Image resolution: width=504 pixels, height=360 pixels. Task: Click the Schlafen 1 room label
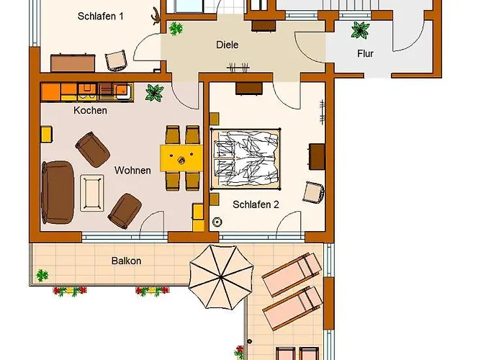coord(101,16)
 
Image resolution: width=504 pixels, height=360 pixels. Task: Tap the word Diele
coord(228,45)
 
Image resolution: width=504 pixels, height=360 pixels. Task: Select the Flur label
coord(365,53)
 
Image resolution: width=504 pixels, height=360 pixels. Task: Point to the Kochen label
coord(90,110)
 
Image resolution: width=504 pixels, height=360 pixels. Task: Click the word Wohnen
coord(132,170)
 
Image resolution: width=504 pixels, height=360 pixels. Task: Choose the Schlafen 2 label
coord(256,204)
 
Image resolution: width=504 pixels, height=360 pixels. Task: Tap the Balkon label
coord(126,261)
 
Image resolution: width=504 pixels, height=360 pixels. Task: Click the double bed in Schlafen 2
coord(246,159)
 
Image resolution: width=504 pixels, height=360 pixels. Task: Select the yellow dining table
coord(181,158)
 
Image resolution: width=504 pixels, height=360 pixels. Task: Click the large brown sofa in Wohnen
coord(58,192)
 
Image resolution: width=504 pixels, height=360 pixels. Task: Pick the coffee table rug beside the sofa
coord(92,193)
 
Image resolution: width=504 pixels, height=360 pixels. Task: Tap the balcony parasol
coord(221,276)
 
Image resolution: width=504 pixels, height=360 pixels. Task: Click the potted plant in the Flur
coord(360,30)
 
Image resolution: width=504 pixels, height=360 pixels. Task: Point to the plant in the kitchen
coord(154,93)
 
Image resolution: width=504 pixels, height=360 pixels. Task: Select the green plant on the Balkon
coord(42,276)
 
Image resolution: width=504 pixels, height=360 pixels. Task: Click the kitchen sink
coord(123,90)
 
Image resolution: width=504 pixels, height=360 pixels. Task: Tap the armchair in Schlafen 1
coord(115,60)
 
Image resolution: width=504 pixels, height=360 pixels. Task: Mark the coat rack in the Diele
coord(238,68)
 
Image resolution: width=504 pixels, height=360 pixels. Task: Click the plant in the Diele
coord(176,29)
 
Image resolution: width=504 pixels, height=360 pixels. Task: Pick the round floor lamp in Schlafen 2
coord(217,222)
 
